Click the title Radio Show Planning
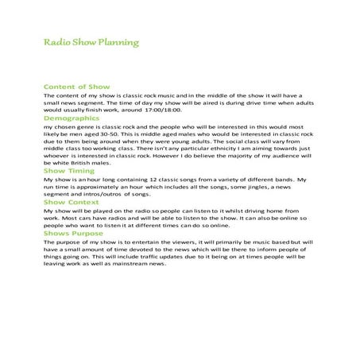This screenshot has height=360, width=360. (x=91, y=41)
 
